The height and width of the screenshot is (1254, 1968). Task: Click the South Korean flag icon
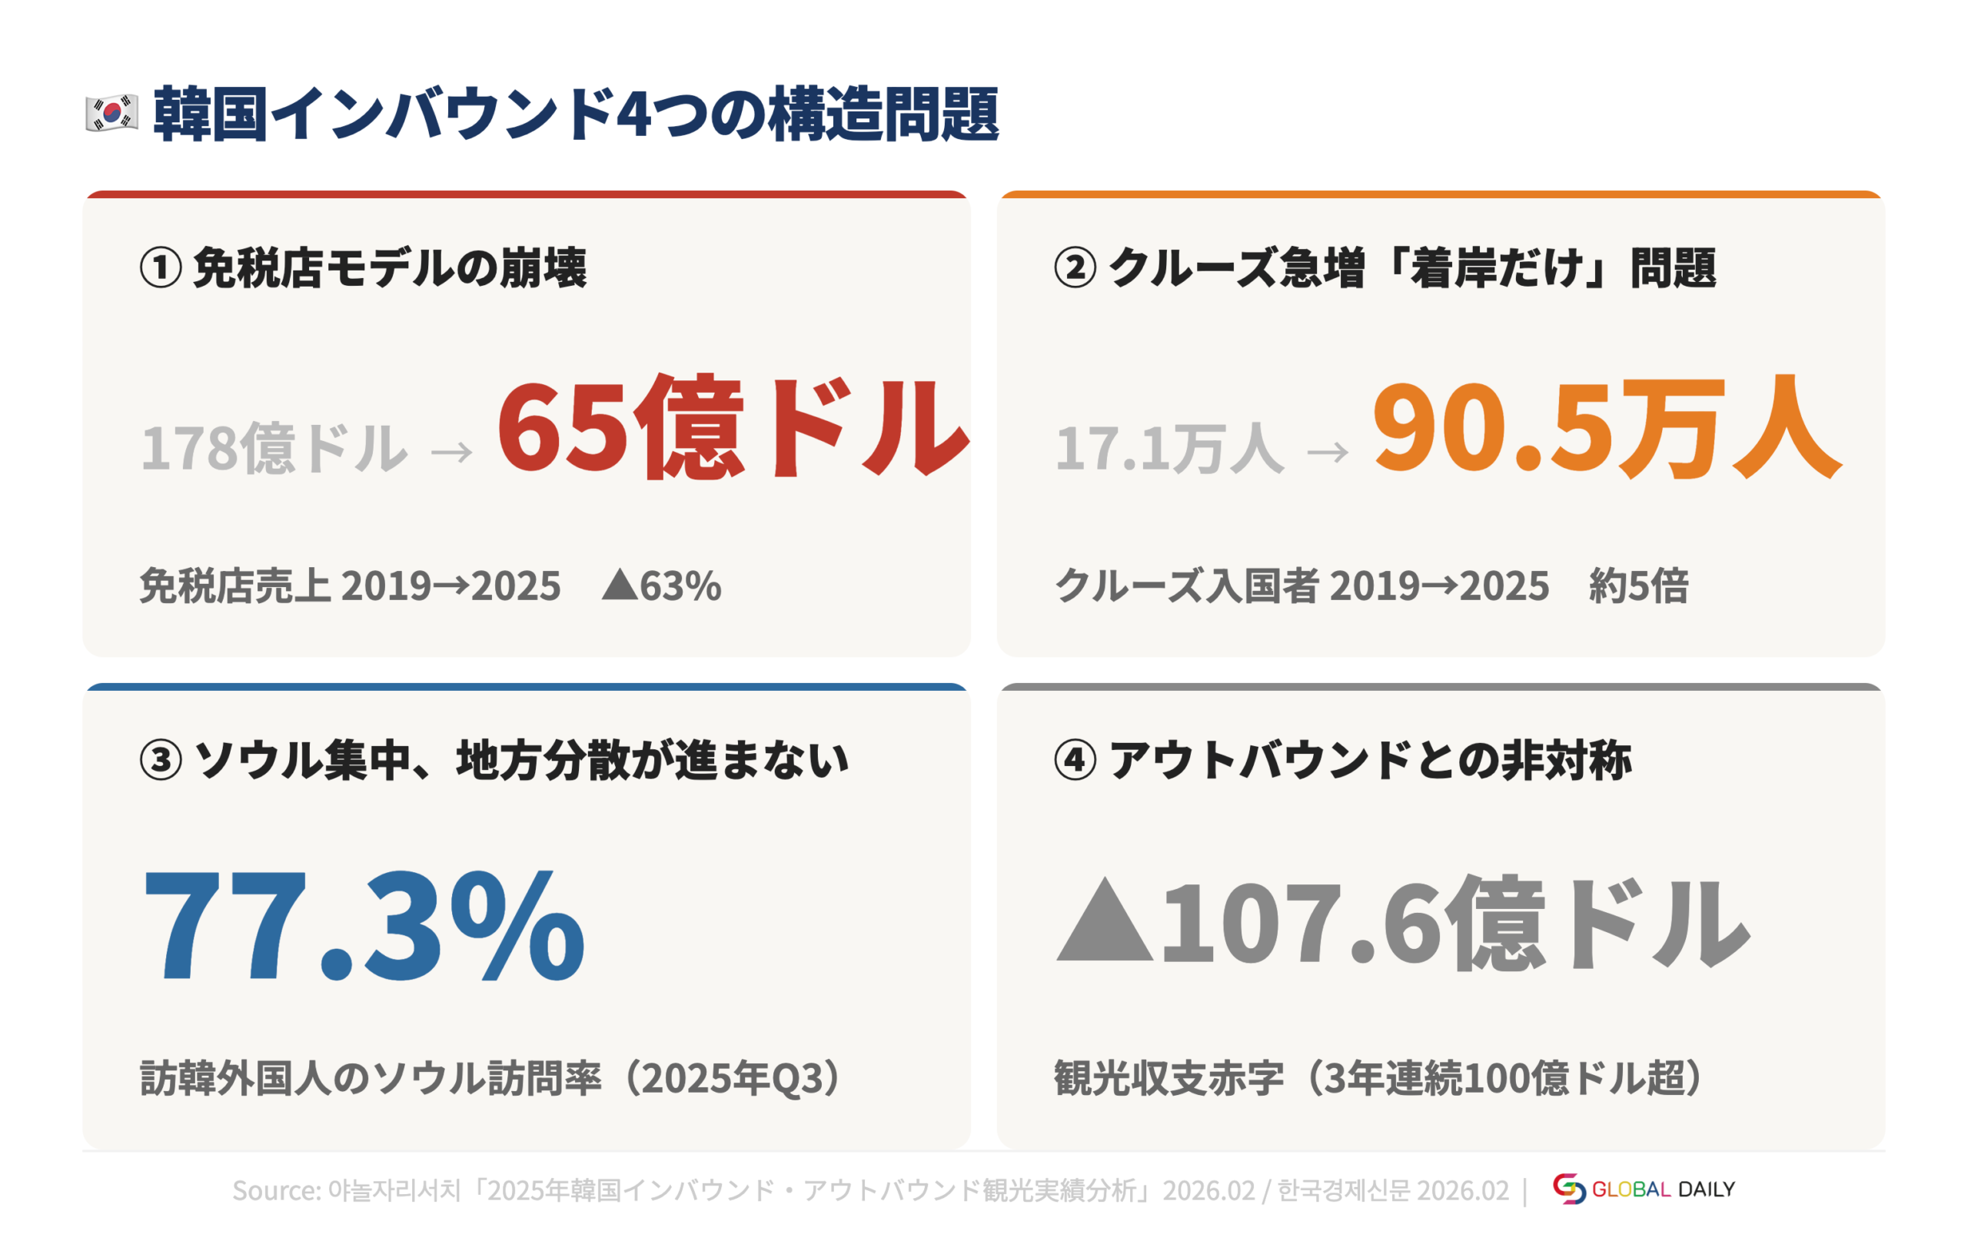(x=111, y=114)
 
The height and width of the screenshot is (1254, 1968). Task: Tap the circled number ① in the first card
(x=160, y=268)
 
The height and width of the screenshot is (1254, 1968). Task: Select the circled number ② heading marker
(x=1075, y=268)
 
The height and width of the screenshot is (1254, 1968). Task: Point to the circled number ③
(x=160, y=760)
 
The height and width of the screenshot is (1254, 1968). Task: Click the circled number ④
(x=1075, y=760)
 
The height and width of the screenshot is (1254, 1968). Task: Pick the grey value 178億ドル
(x=274, y=448)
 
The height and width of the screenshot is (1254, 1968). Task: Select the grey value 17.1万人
(x=1168, y=448)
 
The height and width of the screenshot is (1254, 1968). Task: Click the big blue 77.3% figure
(x=364, y=926)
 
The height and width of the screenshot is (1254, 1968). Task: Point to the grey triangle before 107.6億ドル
(x=1104, y=921)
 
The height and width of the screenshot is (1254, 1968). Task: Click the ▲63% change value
(x=661, y=586)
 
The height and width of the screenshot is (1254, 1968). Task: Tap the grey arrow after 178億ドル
(x=452, y=451)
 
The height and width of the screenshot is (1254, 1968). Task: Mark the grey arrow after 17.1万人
(x=1328, y=451)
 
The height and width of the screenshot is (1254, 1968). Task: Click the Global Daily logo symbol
(x=1568, y=1189)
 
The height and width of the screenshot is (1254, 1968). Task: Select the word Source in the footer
(x=275, y=1190)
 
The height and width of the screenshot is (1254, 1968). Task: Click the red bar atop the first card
(x=527, y=194)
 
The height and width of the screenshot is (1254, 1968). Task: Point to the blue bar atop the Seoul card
(x=527, y=687)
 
